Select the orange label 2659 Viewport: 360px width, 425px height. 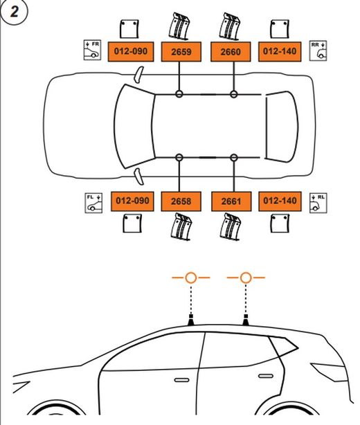point(180,52)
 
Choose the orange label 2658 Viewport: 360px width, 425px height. point(180,201)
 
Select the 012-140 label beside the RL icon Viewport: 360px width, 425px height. point(280,201)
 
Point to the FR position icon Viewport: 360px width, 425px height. point(92,48)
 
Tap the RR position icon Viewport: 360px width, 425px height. point(319,48)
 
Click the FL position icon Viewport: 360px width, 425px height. point(93,202)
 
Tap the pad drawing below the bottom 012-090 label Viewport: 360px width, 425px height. point(132,224)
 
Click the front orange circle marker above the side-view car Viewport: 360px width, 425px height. point(191,278)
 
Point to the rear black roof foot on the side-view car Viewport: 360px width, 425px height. point(246,319)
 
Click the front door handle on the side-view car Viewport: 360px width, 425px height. point(181,380)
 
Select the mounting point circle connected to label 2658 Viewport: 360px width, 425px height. point(179,158)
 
